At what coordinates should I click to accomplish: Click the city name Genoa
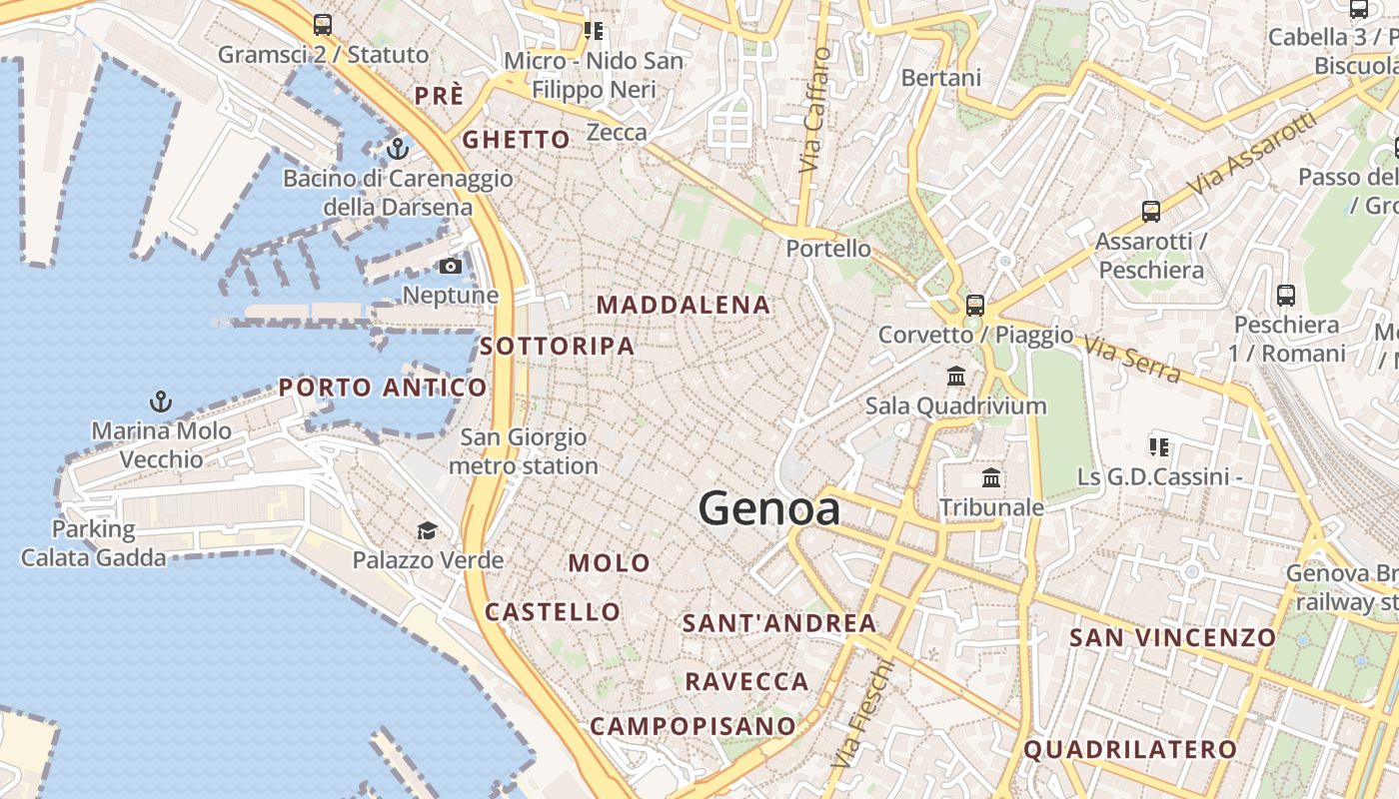coord(769,509)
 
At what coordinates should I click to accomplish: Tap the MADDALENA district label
coord(684,305)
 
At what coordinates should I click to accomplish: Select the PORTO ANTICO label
coord(383,388)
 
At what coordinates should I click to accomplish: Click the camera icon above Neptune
coord(451,266)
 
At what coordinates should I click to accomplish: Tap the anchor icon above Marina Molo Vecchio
coord(161,401)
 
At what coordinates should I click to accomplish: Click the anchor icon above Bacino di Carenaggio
coord(398,149)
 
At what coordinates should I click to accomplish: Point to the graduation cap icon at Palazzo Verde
coord(428,530)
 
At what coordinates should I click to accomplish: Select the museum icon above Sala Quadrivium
coord(956,377)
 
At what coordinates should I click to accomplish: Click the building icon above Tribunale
coord(991,477)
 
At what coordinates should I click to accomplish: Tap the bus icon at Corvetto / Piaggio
coord(975,306)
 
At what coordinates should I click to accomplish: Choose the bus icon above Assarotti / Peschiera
coord(1151,212)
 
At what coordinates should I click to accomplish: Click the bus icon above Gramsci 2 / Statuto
coord(322,25)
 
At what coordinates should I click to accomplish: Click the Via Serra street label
coord(1133,361)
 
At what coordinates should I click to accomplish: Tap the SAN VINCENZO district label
coord(1173,637)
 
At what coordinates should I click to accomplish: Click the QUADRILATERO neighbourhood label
coord(1130,749)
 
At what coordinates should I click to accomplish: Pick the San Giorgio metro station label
coord(524,451)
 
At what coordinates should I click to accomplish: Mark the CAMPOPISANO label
coord(693,726)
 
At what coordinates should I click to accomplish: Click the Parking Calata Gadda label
coord(94,543)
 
